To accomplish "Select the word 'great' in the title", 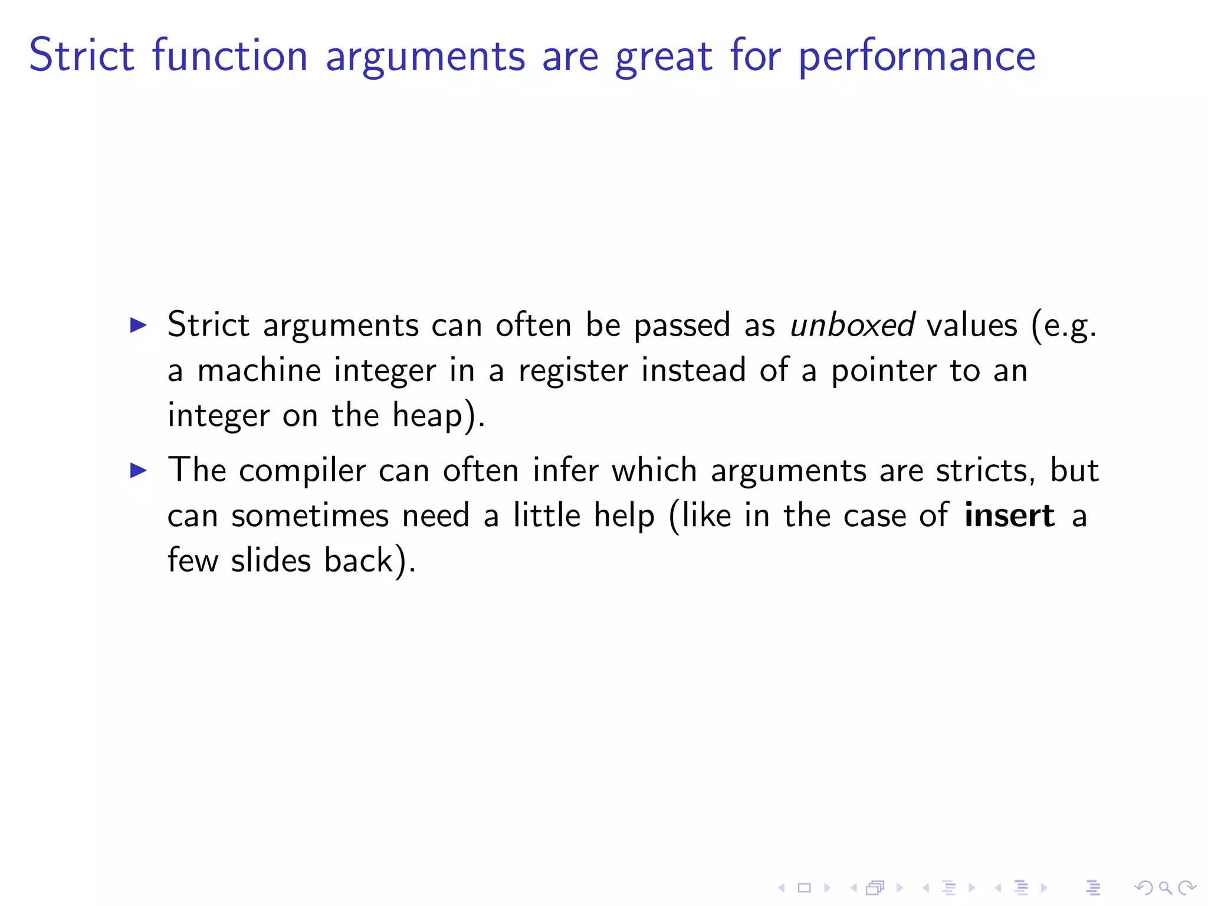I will [x=664, y=57].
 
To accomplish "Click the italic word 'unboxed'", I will [x=852, y=325].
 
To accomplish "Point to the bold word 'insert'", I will [x=1009, y=515].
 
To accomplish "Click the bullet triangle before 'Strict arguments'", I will [x=138, y=325].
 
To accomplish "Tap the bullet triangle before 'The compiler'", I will [x=138, y=470].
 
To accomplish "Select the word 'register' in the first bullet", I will [x=573, y=371].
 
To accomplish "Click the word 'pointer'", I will [x=884, y=371].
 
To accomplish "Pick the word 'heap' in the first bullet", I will [x=428, y=415].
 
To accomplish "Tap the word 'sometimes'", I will [x=310, y=516].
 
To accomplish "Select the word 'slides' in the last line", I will [x=271, y=560].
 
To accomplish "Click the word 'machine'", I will [x=259, y=370].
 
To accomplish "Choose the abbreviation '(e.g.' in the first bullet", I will [x=1063, y=325].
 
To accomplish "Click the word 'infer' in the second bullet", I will [x=565, y=470].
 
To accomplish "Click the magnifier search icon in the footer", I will [x=1165, y=887].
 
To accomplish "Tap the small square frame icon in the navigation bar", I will [x=804, y=887].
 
